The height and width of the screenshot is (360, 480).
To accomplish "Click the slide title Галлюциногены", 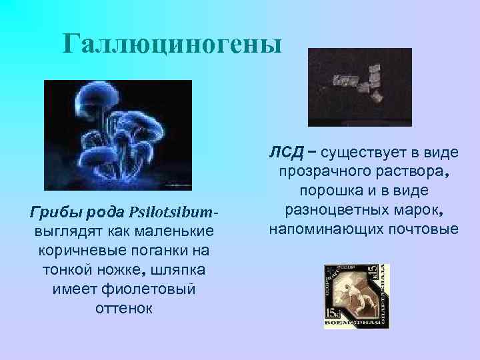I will tap(173, 44).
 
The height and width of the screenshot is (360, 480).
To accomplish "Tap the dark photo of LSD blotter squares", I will tap(360, 87).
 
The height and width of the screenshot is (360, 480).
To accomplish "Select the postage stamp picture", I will tap(357, 296).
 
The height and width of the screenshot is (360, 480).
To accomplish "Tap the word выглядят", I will tap(63, 231).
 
